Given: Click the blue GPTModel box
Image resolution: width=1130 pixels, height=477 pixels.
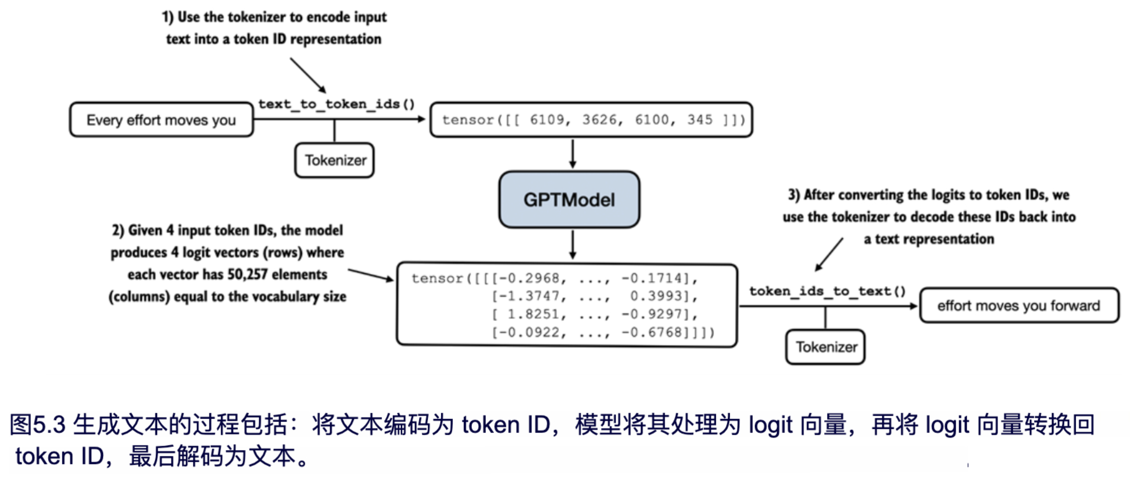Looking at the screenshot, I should tap(569, 200).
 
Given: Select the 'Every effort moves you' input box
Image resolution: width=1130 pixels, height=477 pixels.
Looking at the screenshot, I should tap(161, 120).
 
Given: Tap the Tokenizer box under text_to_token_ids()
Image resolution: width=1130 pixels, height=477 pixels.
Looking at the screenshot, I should tap(335, 160).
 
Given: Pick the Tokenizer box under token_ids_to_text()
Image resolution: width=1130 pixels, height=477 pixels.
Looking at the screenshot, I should tap(826, 347).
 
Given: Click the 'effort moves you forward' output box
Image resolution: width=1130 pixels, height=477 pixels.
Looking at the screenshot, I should tap(1019, 306).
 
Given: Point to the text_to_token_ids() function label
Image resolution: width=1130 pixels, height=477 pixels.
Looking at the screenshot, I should tap(336, 104).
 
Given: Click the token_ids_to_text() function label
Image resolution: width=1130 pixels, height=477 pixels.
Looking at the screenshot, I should tap(827, 291).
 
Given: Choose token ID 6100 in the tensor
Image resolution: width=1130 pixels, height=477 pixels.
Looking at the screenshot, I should tap(652, 120).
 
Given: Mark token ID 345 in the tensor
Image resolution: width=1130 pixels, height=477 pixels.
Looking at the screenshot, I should tap(700, 120).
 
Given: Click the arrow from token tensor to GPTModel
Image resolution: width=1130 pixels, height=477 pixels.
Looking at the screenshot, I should tap(572, 154).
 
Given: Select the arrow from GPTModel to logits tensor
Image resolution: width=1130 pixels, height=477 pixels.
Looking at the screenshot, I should tap(572, 245).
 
